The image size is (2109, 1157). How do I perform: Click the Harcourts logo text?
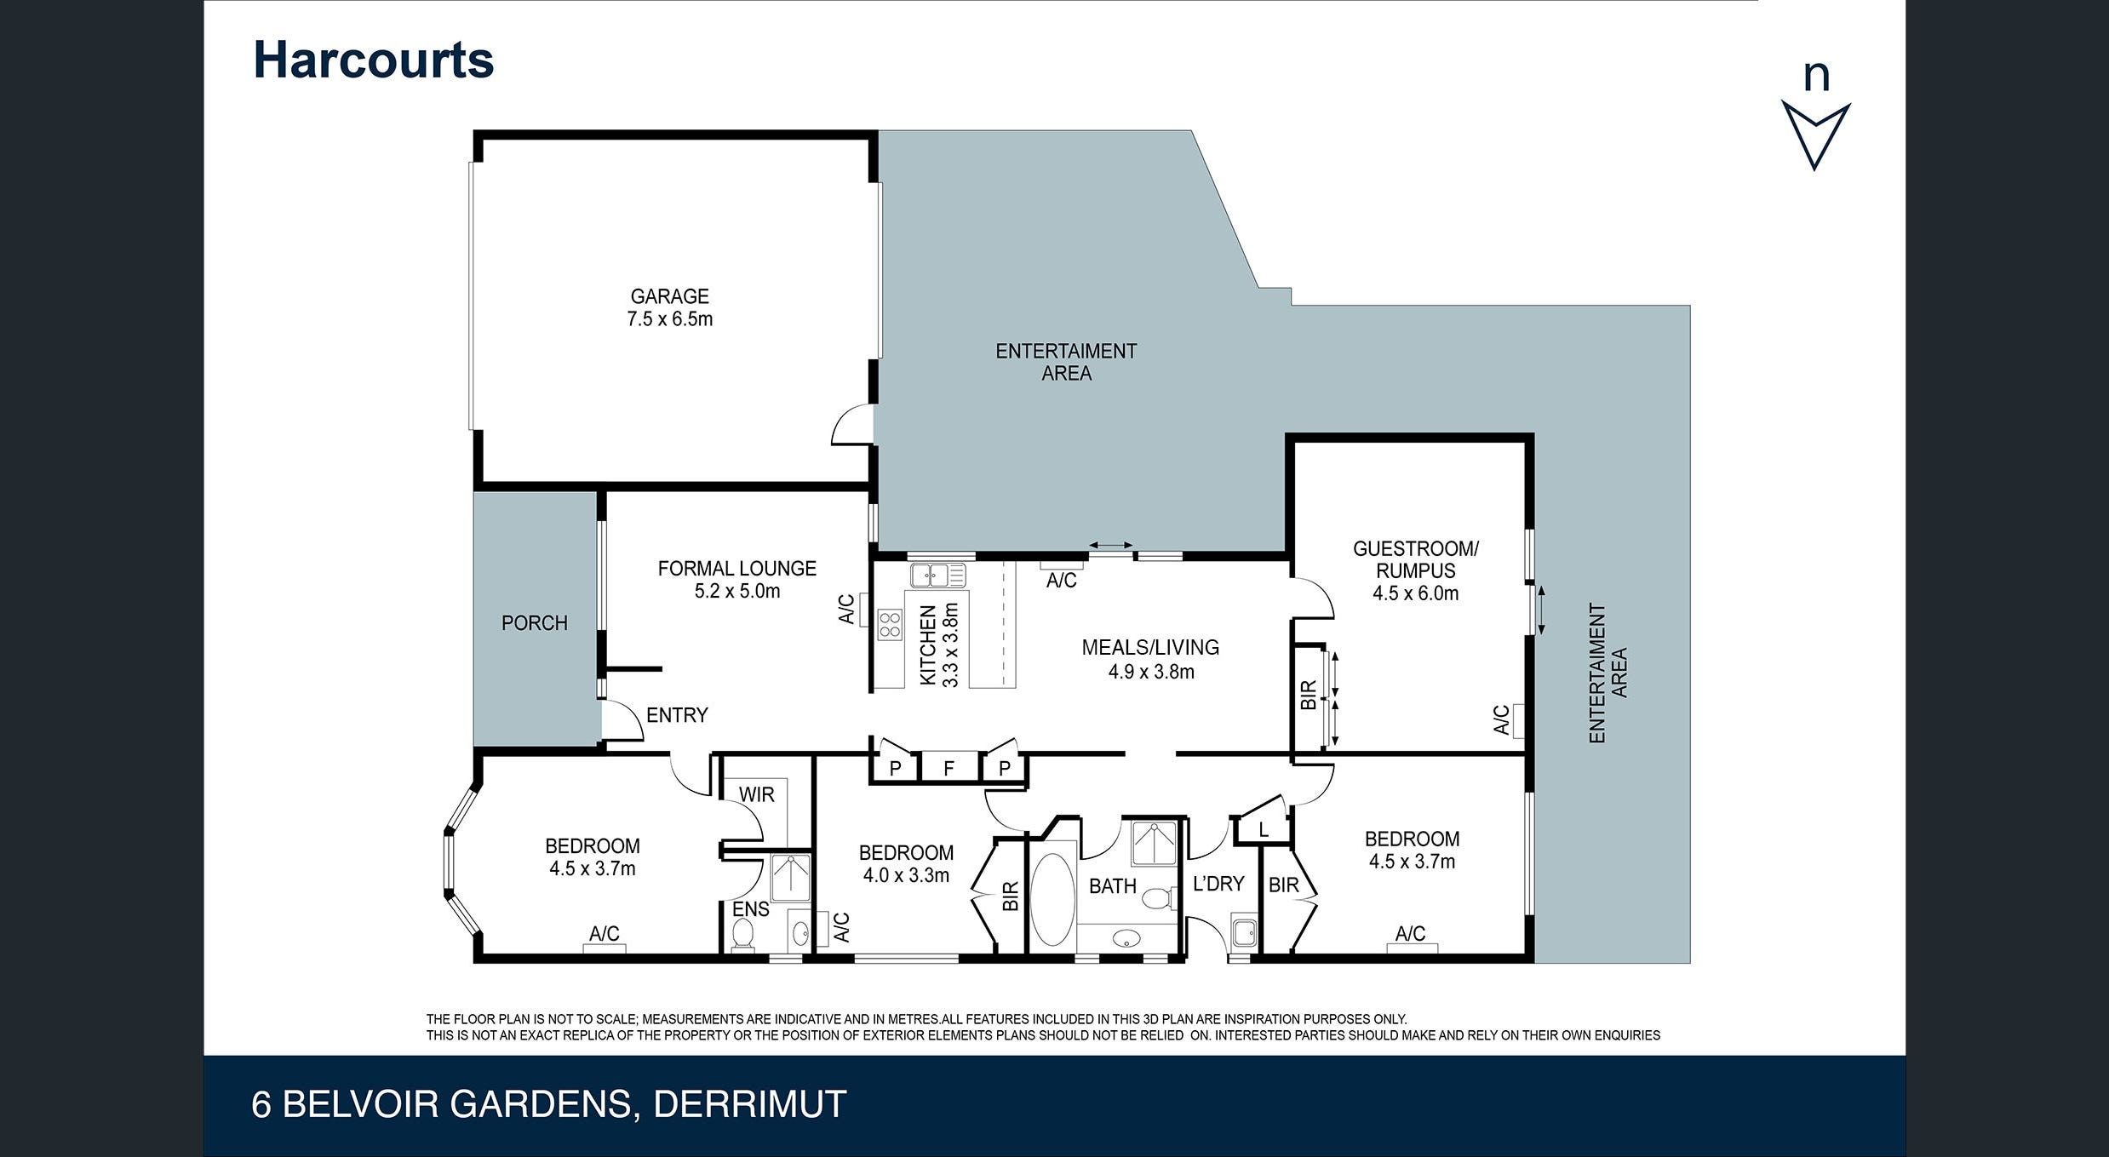point(373,60)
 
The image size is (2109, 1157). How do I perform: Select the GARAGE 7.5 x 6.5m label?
point(669,307)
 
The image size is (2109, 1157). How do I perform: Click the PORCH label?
point(534,623)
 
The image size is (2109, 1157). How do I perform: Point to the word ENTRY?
point(677,715)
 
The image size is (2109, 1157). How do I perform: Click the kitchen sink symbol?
point(937,576)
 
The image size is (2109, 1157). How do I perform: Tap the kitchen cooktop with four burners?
point(890,624)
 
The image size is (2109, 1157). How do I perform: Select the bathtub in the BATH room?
point(1052,899)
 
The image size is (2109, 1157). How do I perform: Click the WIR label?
point(756,794)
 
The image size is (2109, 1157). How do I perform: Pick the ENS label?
point(750,909)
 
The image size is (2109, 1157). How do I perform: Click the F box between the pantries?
point(948,769)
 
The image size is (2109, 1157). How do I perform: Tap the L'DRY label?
point(1218,884)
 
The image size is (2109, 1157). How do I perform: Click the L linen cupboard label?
point(1264,829)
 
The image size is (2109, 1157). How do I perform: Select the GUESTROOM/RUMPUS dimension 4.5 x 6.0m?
point(1415,593)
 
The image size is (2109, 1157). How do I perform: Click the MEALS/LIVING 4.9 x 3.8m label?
point(1150,659)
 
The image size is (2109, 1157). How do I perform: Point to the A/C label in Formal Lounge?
point(846,609)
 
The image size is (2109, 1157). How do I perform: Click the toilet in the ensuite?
point(742,933)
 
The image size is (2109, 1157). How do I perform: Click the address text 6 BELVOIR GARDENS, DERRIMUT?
point(548,1104)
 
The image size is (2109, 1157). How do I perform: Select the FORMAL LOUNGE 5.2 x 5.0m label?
point(736,579)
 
